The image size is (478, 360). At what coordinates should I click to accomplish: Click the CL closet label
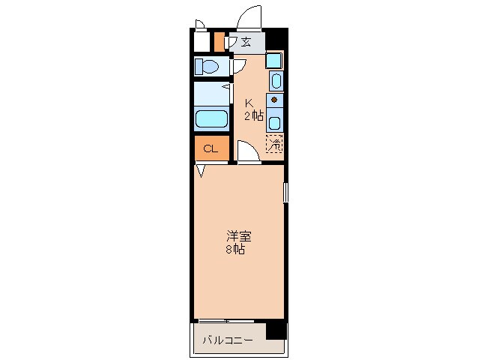pyautogui.click(x=211, y=148)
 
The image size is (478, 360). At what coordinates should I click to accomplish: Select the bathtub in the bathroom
pyautogui.click(x=211, y=119)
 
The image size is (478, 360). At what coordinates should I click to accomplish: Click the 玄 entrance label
pyautogui.click(x=245, y=42)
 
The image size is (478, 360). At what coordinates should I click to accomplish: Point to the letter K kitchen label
pyautogui.click(x=249, y=103)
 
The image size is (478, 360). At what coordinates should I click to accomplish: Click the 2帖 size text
pyautogui.click(x=253, y=115)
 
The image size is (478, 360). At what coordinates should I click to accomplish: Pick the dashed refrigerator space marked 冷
pyautogui.click(x=274, y=143)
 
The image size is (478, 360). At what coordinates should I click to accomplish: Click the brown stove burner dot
pyautogui.click(x=274, y=100)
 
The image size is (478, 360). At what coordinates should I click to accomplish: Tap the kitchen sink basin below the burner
pyautogui.click(x=275, y=121)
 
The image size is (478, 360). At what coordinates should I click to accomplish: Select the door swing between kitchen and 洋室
pyautogui.click(x=248, y=151)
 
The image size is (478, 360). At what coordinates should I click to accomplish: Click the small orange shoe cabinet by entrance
pyautogui.click(x=219, y=41)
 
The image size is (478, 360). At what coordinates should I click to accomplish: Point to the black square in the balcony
pyautogui.click(x=276, y=328)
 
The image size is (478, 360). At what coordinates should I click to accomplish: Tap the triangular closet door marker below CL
pyautogui.click(x=201, y=171)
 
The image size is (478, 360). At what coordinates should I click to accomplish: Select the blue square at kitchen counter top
pyautogui.click(x=274, y=61)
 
